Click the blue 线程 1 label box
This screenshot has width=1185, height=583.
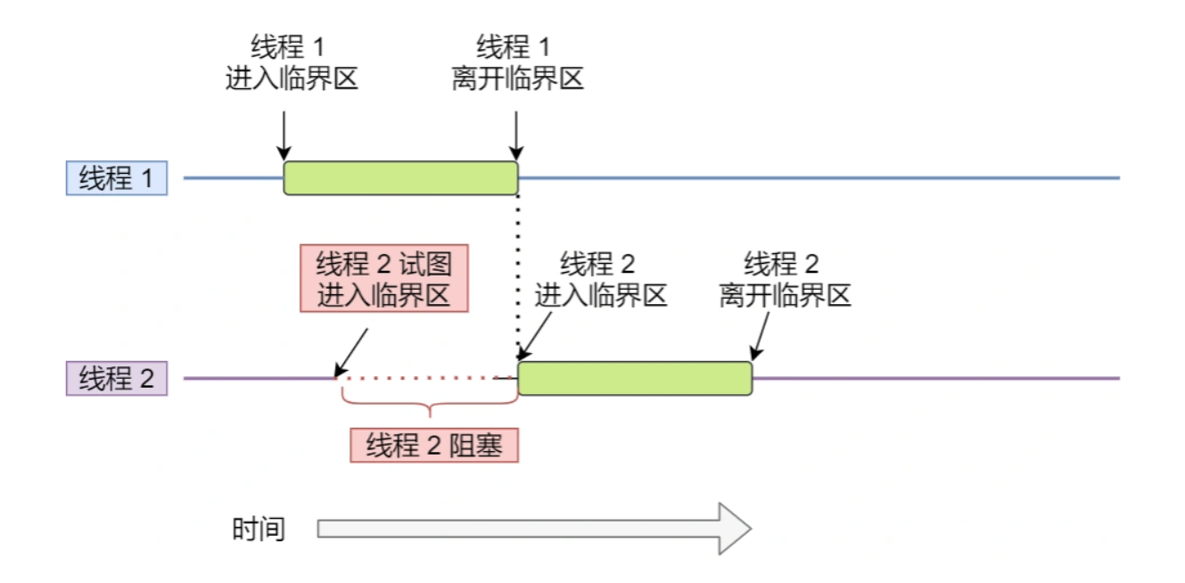pyautogui.click(x=117, y=178)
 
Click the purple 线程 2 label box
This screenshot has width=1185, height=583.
pyautogui.click(x=117, y=379)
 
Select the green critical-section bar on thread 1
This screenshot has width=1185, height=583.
pyautogui.click(x=400, y=178)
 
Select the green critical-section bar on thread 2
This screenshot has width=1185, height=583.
pyautogui.click(x=635, y=379)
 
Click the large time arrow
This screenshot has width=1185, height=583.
pyautogui.click(x=534, y=529)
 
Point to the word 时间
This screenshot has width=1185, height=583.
pyautogui.click(x=259, y=529)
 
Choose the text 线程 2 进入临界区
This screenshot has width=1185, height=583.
pyautogui.click(x=601, y=280)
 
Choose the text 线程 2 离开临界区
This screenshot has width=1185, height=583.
pyautogui.click(x=785, y=280)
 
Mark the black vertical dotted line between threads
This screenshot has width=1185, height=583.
pyautogui.click(x=518, y=267)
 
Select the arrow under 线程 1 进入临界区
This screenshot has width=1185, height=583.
pyautogui.click(x=283, y=134)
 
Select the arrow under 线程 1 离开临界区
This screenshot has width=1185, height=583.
pyautogui.click(x=516, y=134)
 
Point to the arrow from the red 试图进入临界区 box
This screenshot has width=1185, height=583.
pyautogui.click(x=351, y=353)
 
